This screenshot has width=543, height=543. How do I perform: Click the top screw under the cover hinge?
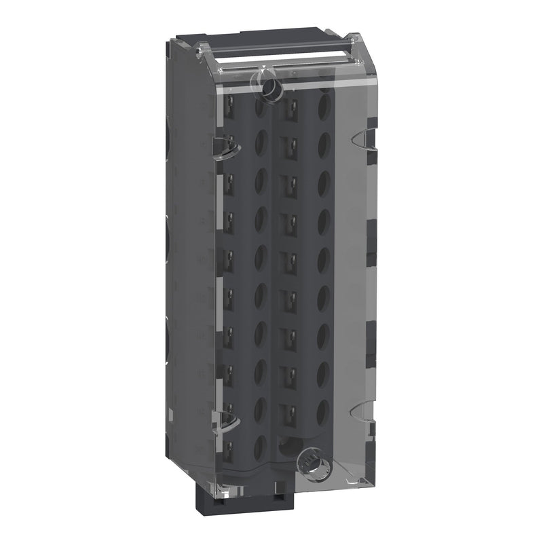(269, 86)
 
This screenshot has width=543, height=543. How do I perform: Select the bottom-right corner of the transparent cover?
(373, 485)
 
